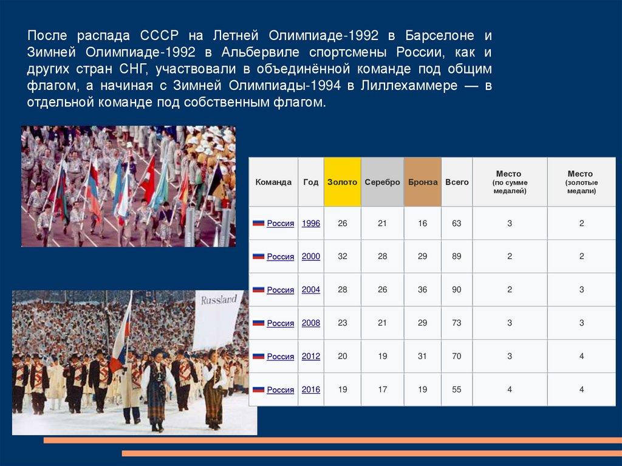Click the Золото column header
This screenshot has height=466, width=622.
pyautogui.click(x=342, y=182)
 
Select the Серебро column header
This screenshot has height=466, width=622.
pyautogui.click(x=383, y=182)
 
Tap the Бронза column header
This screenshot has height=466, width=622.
pyautogui.click(x=423, y=182)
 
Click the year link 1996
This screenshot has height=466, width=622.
pyautogui.click(x=311, y=223)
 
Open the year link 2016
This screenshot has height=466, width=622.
pyautogui.click(x=311, y=389)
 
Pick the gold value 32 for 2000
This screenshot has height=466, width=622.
pyautogui.click(x=343, y=256)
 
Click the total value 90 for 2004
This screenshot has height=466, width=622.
pyautogui.click(x=457, y=290)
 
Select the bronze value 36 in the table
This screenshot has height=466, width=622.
pyautogui.click(x=423, y=290)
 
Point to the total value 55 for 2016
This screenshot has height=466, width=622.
pyautogui.click(x=457, y=389)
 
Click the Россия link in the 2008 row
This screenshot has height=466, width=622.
pyautogui.click(x=281, y=323)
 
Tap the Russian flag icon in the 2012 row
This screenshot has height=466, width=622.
pyautogui.click(x=258, y=356)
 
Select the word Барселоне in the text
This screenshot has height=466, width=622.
pyautogui.click(x=440, y=35)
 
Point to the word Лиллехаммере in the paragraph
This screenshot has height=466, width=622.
pyautogui.click(x=409, y=86)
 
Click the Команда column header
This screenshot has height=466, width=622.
pyautogui.click(x=273, y=182)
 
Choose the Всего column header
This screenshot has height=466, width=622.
pyautogui.click(x=457, y=182)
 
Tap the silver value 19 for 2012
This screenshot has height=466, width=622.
pyautogui.click(x=383, y=356)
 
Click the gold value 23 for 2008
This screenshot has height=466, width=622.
pyautogui.click(x=343, y=323)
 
